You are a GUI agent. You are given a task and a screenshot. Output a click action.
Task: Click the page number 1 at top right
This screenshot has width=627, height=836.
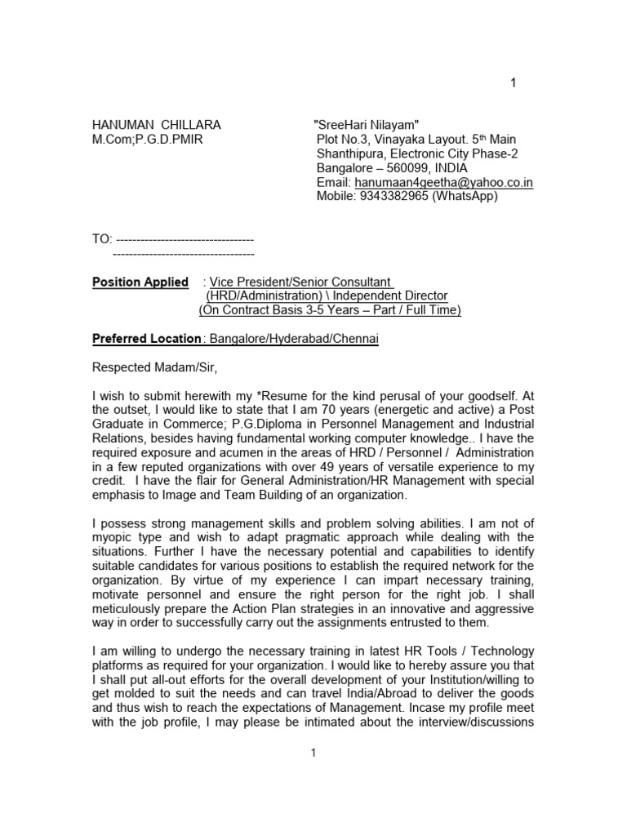[514, 82]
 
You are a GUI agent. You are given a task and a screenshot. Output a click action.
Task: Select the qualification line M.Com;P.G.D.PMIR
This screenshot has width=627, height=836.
[147, 140]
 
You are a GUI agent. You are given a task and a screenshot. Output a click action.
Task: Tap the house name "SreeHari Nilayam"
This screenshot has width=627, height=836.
[367, 125]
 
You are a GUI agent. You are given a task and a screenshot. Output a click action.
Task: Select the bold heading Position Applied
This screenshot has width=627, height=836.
[140, 282]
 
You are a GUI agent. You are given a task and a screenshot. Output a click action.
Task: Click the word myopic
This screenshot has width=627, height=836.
[111, 537]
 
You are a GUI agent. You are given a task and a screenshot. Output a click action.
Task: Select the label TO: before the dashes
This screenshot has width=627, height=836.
[101, 239]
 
